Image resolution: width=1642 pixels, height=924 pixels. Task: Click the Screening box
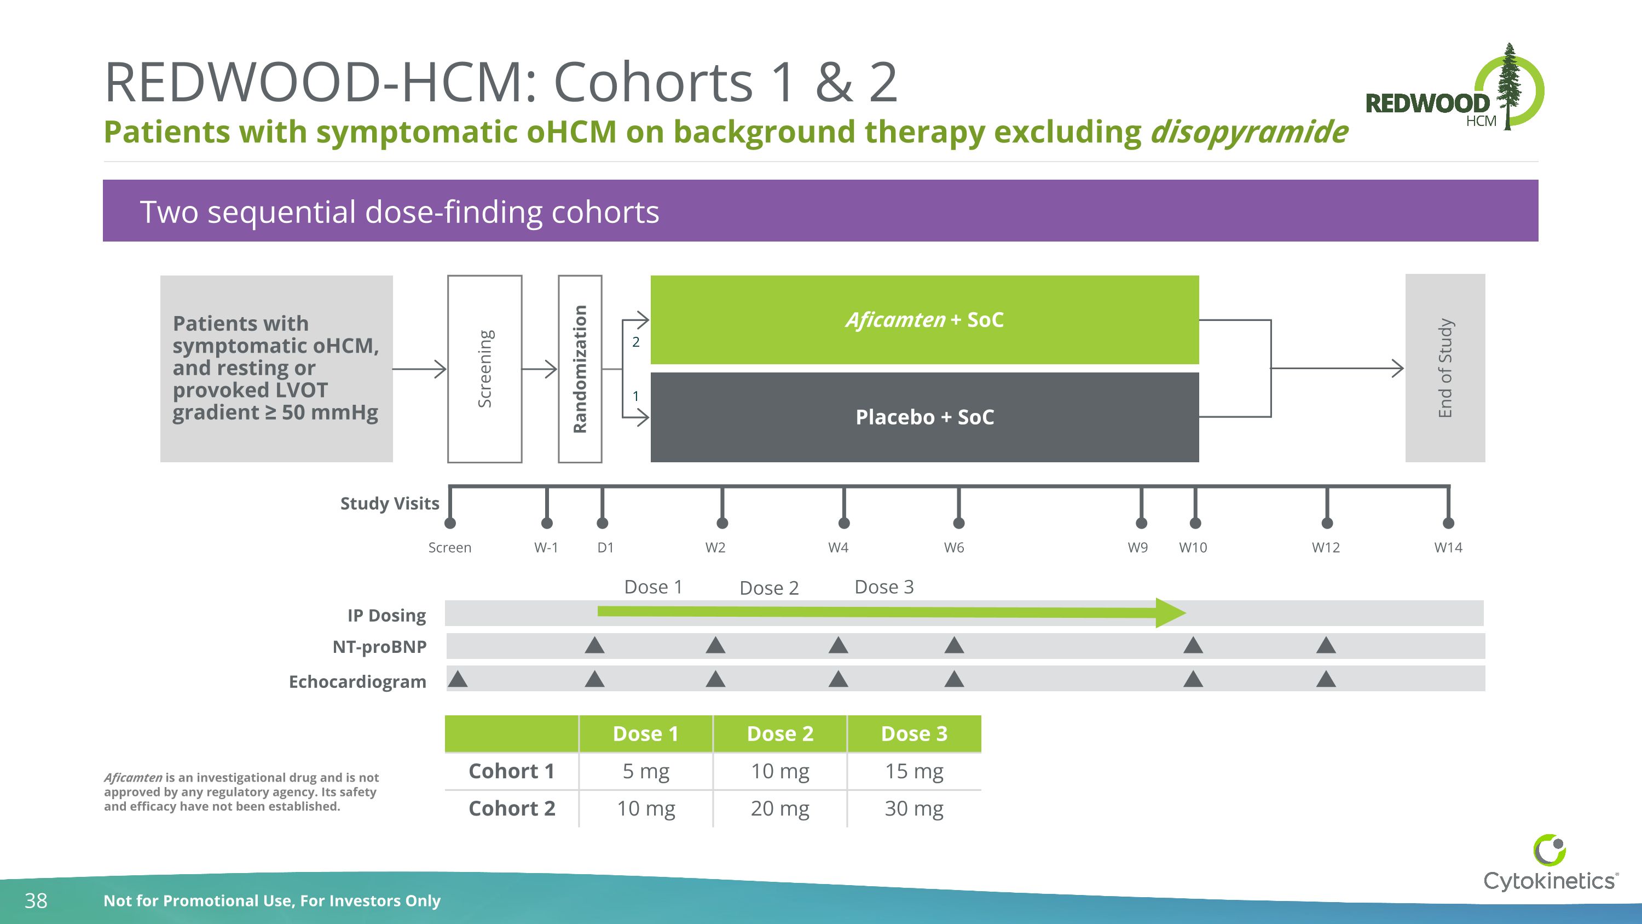484,369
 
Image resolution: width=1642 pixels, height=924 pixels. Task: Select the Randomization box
580,369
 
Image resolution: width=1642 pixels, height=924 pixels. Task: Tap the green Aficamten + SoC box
924,319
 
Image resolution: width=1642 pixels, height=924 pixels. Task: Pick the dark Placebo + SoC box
924,417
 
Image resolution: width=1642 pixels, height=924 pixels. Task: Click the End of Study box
1444,368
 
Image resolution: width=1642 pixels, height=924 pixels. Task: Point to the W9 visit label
1137,547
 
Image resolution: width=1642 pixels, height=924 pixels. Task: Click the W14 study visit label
1448,547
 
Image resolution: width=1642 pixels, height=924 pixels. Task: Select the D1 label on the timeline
605,547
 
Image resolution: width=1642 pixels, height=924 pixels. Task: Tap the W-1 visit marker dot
546,523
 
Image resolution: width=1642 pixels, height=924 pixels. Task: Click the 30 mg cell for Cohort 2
913,808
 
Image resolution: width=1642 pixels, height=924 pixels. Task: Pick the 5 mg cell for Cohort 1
646,772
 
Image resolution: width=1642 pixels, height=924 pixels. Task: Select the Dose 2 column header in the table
779,734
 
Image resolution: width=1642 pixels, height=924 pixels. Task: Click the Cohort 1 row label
511,772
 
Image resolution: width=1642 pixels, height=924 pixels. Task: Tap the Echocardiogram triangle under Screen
458,679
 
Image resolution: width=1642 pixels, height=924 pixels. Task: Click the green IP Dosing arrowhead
1170,613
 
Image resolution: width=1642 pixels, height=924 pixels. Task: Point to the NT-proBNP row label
379,647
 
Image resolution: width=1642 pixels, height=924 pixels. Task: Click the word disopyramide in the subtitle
1248,132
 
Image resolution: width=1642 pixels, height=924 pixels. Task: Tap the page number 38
36,900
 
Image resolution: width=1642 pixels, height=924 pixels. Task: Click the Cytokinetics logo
1549,864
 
